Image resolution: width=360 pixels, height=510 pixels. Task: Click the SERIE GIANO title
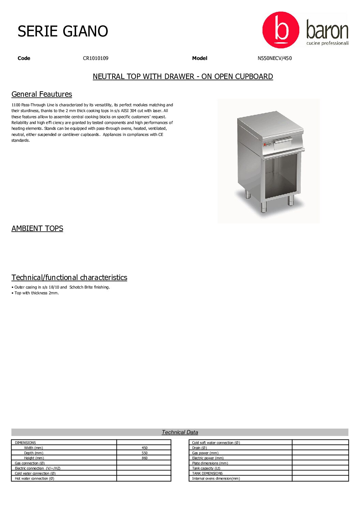63,31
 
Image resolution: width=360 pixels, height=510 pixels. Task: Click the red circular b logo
281,30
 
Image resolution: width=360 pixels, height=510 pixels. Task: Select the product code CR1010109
95,58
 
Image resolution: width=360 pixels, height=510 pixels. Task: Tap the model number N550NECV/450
274,58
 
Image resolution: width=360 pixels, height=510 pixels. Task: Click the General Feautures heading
42,94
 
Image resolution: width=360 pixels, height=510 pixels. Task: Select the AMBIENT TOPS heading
37,229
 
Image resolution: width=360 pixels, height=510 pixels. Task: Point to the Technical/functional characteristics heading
69,278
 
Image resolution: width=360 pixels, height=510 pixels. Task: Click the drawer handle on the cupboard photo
283,140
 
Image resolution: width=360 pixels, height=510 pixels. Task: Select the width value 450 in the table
145,448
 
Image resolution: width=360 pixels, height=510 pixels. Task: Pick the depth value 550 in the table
145,453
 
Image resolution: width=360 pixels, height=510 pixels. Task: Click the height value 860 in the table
145,458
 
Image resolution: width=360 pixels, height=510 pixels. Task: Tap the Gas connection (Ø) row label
30,463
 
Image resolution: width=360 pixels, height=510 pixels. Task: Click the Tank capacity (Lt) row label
206,468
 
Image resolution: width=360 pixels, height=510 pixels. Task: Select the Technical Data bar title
180,432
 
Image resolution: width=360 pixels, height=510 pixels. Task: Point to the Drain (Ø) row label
199,448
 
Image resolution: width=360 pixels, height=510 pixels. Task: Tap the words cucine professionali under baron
327,43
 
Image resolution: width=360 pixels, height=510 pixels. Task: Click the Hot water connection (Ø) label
34,479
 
